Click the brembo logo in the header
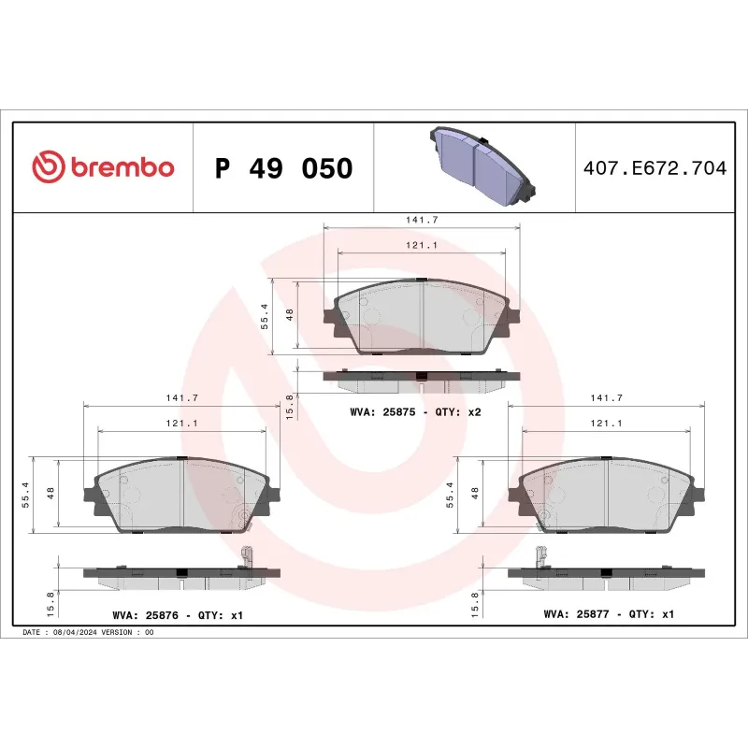point(103,167)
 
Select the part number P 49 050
point(283,168)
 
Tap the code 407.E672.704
point(654,168)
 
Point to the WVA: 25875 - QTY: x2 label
point(415,412)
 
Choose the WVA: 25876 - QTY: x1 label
point(178,615)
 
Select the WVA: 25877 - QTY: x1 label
point(608,615)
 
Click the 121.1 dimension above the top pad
point(422,245)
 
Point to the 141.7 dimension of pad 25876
point(181,397)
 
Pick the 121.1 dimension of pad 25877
point(607,424)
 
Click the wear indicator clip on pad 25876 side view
point(247,555)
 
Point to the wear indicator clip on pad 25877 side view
point(540,555)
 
